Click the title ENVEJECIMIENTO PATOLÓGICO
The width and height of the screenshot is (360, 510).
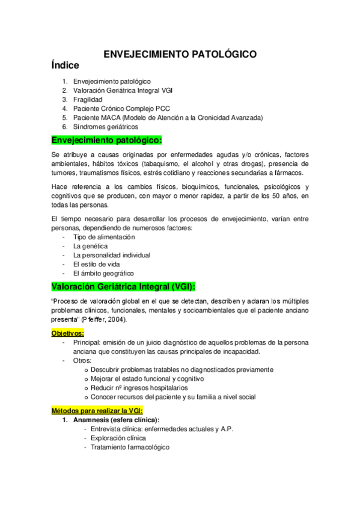click(180, 54)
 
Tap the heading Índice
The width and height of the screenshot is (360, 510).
click(70, 65)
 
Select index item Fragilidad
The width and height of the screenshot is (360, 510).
click(88, 99)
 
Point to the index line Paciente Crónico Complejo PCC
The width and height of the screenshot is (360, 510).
click(122, 108)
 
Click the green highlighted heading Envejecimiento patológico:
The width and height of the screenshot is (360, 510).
click(107, 141)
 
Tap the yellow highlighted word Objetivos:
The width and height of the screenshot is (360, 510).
click(67, 333)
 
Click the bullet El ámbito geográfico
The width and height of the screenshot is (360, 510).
click(103, 273)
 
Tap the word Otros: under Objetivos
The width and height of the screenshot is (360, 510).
click(82, 360)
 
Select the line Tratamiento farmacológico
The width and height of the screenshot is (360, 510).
click(130, 447)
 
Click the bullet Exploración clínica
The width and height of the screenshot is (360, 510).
click(119, 438)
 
